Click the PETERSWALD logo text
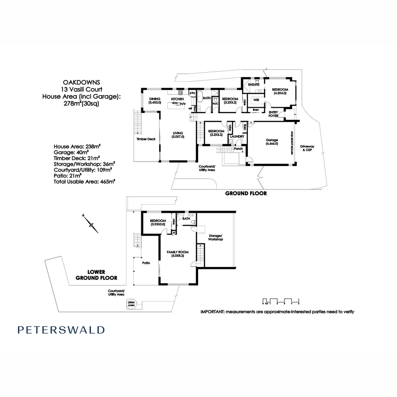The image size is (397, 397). [x=61, y=330]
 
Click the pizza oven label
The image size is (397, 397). [x=130, y=304]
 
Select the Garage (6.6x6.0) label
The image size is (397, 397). [x=272, y=142]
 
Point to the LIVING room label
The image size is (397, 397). [x=178, y=135]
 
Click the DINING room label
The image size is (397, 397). [x=155, y=101]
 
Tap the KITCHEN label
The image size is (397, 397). [x=178, y=99]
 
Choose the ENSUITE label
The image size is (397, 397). [x=254, y=85]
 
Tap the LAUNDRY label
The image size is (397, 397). [x=237, y=137]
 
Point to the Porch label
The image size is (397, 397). [x=238, y=149]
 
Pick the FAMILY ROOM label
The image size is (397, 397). [x=178, y=254]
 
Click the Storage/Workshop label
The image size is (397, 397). [x=216, y=237]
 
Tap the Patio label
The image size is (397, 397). [x=147, y=263]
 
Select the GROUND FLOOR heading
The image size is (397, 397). [x=246, y=193]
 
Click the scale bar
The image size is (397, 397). [x=281, y=301]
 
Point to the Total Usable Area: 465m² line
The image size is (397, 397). [x=84, y=182]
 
